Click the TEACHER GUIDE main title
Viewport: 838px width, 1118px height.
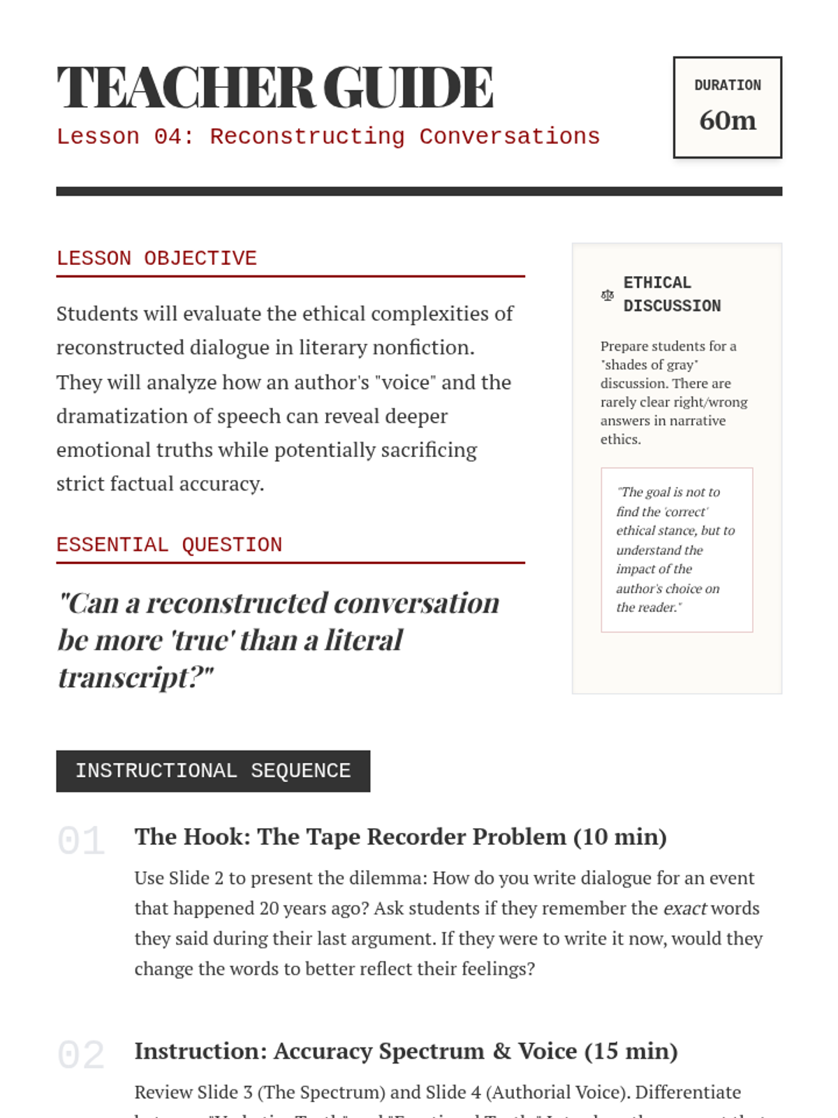(274, 88)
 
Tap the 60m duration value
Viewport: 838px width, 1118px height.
(727, 120)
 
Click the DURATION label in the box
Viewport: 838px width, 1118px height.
(727, 85)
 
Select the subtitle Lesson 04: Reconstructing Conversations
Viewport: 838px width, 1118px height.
(328, 136)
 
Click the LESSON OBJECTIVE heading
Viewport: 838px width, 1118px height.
(156, 259)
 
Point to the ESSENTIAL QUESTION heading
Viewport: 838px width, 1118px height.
(169, 545)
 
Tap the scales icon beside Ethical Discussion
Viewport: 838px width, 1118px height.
(607, 296)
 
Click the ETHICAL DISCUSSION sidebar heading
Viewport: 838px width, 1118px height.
(671, 294)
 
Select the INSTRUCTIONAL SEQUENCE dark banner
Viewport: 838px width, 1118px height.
(213, 771)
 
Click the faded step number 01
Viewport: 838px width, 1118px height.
(81, 841)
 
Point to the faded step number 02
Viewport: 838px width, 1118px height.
(81, 1054)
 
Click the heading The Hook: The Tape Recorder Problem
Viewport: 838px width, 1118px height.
(400, 836)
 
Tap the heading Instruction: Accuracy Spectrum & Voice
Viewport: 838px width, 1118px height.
(406, 1051)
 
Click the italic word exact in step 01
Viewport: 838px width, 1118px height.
(684, 908)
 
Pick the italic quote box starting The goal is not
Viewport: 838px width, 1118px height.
(676, 550)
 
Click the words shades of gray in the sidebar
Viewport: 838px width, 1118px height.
(649, 365)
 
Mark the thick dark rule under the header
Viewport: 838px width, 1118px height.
(419, 191)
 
